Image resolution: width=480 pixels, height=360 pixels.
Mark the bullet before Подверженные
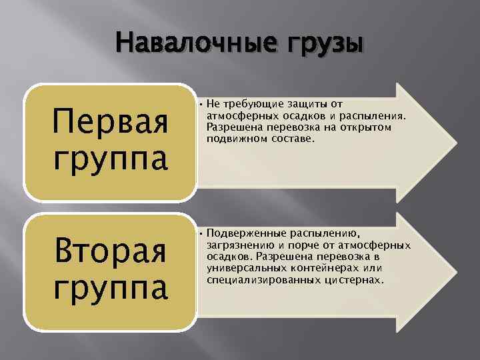[200, 233]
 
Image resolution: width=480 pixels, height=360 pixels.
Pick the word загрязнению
[238, 245]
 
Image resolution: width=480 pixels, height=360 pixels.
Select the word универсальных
[242, 269]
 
